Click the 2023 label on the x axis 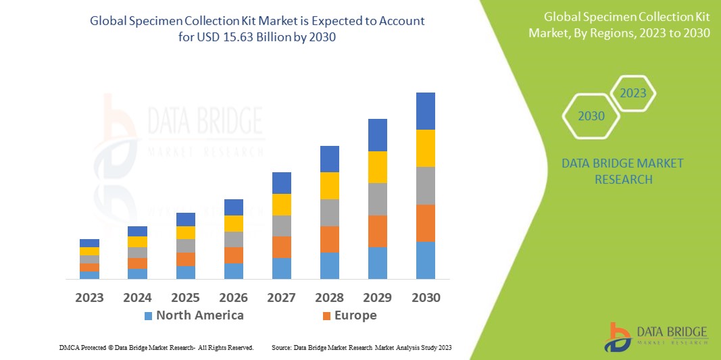click(x=89, y=297)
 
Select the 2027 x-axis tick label click(x=282, y=297)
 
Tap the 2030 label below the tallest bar click(x=426, y=297)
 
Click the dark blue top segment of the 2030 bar click(x=426, y=111)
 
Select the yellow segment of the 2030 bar click(x=426, y=148)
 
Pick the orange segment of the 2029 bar click(x=378, y=231)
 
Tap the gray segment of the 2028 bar click(x=330, y=212)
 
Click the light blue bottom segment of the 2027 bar click(x=282, y=268)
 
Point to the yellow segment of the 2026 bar click(x=234, y=224)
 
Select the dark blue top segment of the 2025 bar click(x=186, y=220)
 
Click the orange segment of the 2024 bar click(x=137, y=263)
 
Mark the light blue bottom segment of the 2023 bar click(x=89, y=275)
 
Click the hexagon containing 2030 click(x=592, y=116)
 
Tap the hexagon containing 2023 click(x=633, y=93)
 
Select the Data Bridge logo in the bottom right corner click(x=655, y=336)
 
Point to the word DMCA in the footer click(x=69, y=347)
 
